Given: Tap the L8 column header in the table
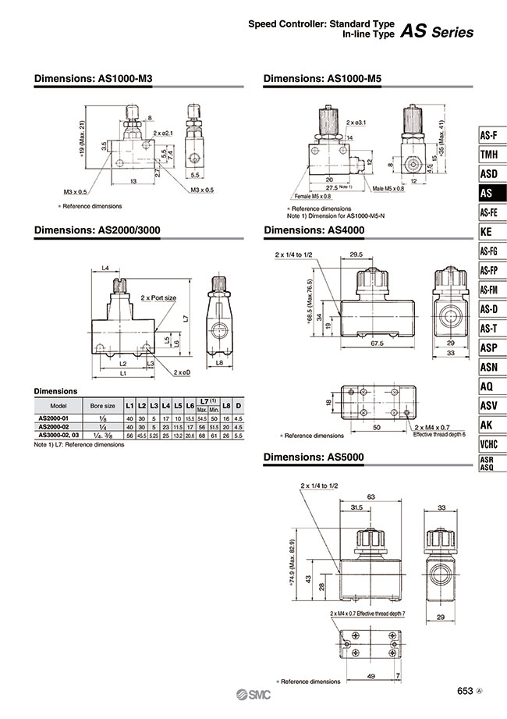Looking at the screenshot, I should click(x=225, y=406).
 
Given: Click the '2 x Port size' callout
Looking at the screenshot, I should click(x=158, y=297).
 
